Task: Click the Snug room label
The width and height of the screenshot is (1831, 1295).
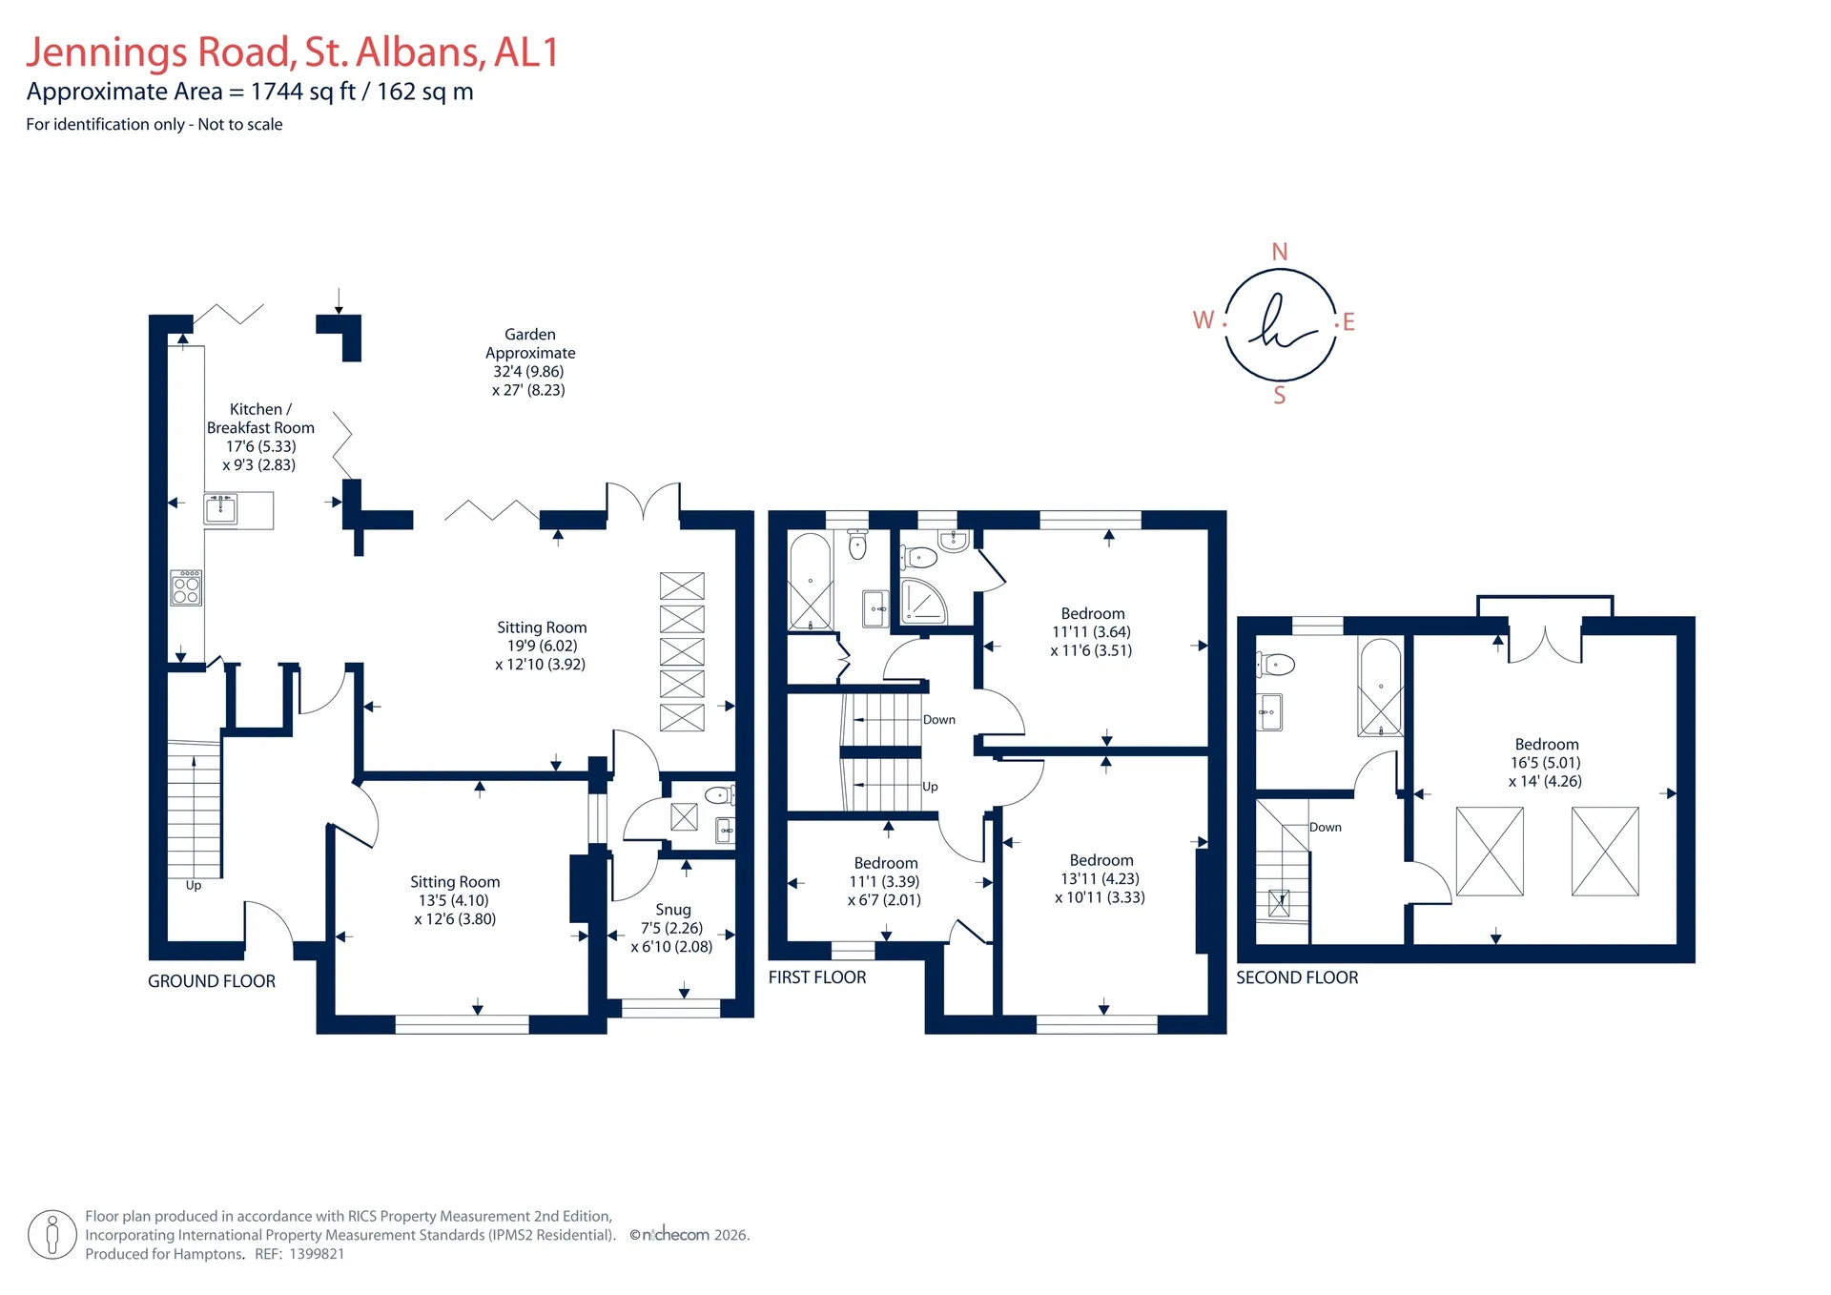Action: coord(673,910)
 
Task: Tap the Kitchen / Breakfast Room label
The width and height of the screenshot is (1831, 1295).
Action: coord(260,419)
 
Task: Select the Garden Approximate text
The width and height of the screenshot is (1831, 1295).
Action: coord(530,343)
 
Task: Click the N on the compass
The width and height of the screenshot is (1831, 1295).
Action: coord(1280,252)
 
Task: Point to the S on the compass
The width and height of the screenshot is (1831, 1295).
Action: coord(1280,396)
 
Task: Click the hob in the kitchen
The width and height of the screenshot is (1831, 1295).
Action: coord(186,587)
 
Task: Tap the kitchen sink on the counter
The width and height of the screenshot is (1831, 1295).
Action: coord(221,507)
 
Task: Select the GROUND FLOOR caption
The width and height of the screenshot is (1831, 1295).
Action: coord(212,981)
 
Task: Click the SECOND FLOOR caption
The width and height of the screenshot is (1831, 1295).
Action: coord(1297,977)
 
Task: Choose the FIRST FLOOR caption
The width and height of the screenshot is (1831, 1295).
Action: coord(817,977)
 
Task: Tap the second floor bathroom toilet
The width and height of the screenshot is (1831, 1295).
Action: coord(1275,664)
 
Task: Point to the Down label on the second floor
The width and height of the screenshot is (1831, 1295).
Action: coord(1326,827)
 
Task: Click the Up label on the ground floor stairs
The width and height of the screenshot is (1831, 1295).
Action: coord(194,886)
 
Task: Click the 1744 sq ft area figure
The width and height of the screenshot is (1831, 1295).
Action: coord(303,92)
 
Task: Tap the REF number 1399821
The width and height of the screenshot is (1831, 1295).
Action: coord(317,1254)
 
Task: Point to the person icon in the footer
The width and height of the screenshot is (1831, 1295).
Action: coord(52,1235)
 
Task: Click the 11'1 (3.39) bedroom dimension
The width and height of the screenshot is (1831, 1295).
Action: coord(884,881)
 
